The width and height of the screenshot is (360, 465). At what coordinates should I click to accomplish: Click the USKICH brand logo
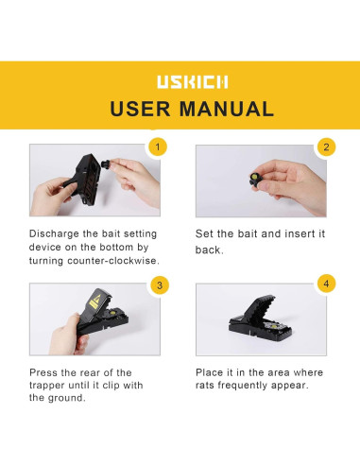pos(180,82)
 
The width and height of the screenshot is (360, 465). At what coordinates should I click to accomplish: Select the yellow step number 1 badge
pos(159,147)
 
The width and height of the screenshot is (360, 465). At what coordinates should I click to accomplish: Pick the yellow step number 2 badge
pos(326,147)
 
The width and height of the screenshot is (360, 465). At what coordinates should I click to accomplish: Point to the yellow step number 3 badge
pos(159,285)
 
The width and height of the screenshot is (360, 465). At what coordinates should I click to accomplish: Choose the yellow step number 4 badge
pos(326,284)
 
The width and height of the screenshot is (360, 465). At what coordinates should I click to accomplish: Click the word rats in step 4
pos(209,386)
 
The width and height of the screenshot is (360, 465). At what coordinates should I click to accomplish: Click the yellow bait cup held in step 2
pos(255,177)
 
